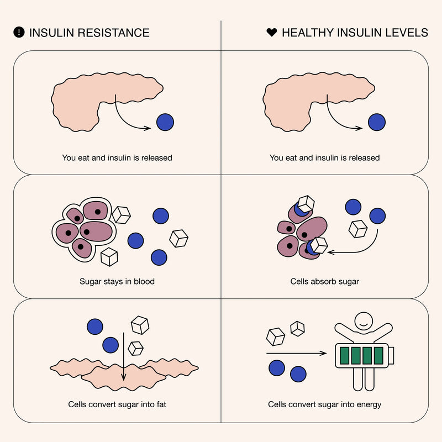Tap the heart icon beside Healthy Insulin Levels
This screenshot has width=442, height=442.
click(271, 33)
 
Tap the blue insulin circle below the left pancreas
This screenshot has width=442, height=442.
click(165, 122)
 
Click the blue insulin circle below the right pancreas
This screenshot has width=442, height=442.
click(377, 122)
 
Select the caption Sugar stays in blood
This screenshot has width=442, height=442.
click(117, 282)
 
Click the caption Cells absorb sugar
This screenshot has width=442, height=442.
click(325, 282)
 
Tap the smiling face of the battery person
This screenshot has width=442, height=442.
click(363, 319)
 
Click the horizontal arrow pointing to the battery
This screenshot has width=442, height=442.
click(296, 353)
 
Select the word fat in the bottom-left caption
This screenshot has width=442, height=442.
click(160, 404)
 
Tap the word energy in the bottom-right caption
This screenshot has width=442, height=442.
click(369, 404)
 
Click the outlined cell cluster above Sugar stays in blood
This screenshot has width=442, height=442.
click(83, 230)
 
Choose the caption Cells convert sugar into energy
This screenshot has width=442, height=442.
click(325, 404)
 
